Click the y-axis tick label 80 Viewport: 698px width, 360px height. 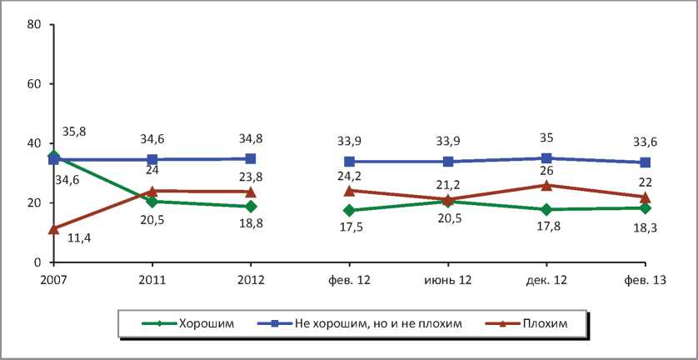point(34,24)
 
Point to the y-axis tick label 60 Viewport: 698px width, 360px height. point(34,84)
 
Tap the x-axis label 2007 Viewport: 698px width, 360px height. point(53,281)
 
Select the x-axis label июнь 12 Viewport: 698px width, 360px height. point(447,281)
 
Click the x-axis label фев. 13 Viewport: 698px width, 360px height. point(646,281)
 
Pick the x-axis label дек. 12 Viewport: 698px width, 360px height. point(546,281)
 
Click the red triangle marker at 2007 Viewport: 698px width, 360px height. point(53,228)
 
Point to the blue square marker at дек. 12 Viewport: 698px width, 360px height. point(546,158)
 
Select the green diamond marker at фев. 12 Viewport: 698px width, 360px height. point(349,210)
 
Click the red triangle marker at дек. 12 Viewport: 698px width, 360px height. point(546,185)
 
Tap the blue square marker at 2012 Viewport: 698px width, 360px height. point(251,158)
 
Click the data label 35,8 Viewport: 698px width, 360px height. point(74,132)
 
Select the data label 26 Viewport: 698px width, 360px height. point(546,169)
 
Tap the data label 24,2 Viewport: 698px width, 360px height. point(349,176)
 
